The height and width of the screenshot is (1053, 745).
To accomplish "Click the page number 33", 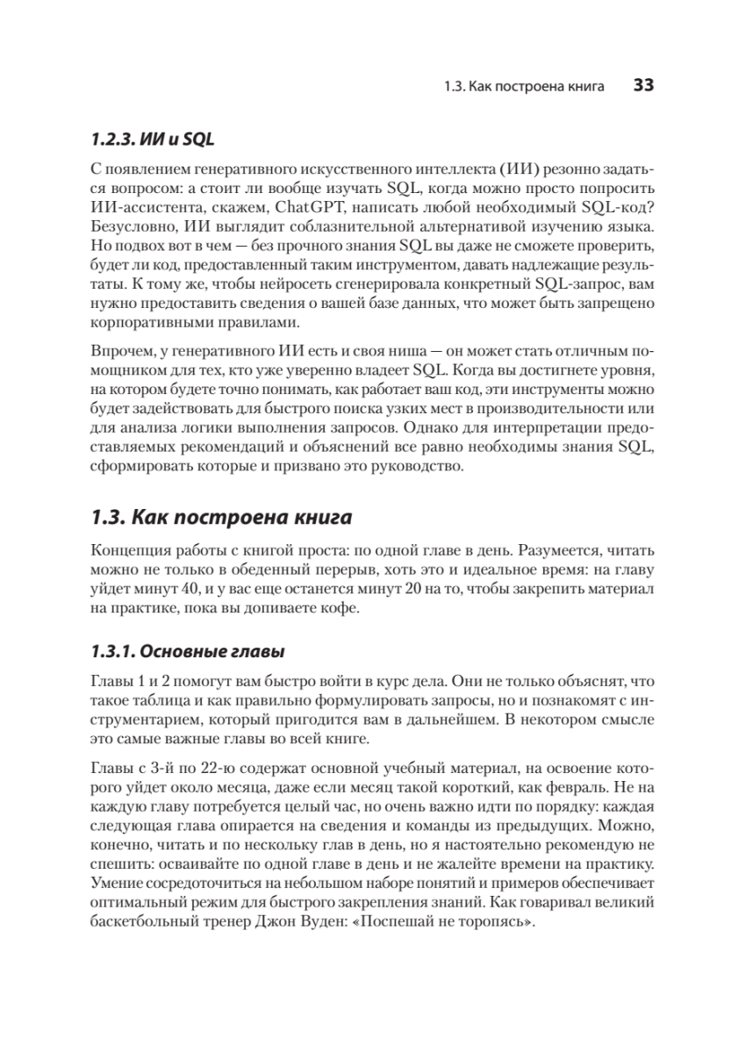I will pos(643,86).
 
